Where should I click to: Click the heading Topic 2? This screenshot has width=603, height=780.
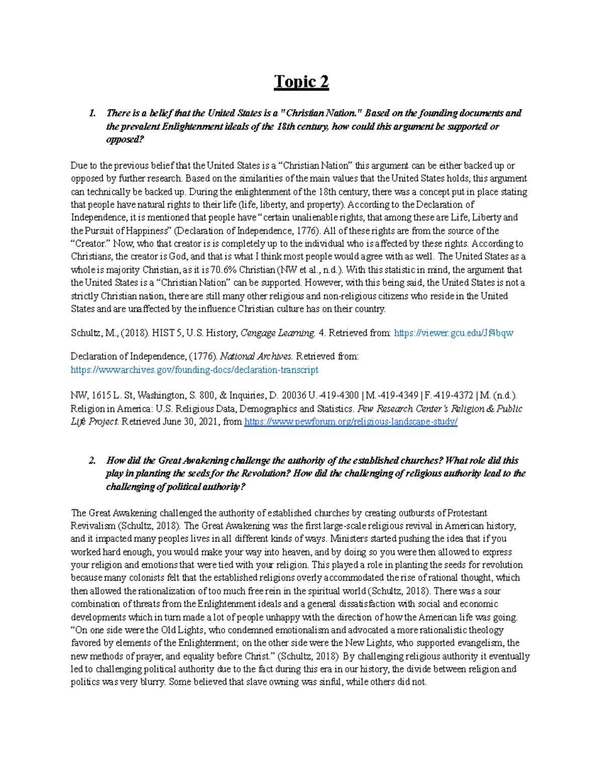[301, 81]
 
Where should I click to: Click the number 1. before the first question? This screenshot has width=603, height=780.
[92, 113]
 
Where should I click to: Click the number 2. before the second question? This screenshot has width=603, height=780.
[92, 461]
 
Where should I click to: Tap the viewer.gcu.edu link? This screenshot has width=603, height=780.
[454, 333]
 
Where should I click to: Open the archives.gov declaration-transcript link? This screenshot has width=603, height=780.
[194, 370]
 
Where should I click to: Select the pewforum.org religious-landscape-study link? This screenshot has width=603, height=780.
[351, 422]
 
